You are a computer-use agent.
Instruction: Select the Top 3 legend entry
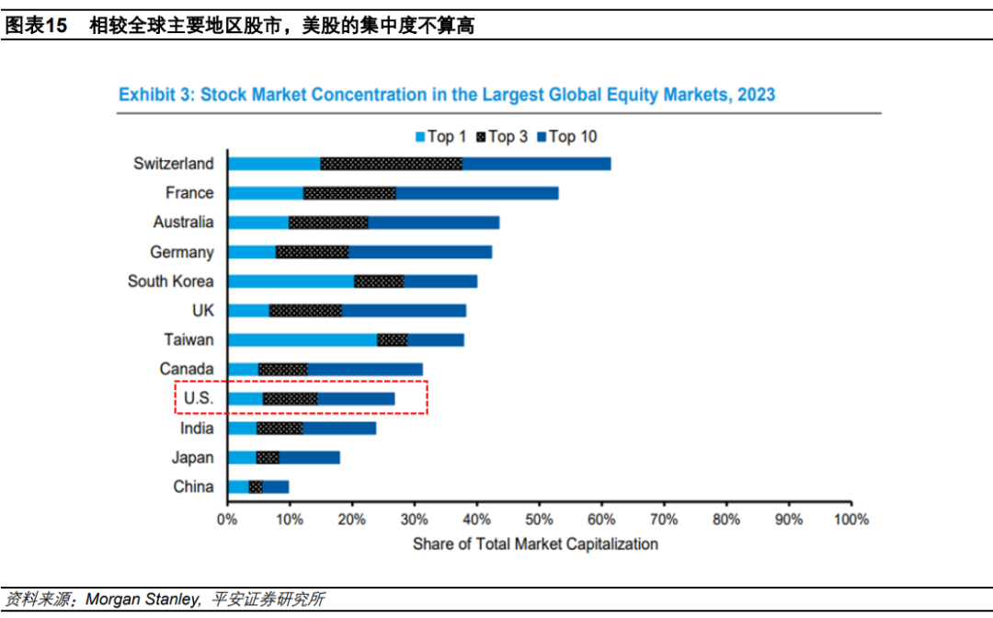502,137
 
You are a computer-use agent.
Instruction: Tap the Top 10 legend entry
565,137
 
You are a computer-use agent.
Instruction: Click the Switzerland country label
173,164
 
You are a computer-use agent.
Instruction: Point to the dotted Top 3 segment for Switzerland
391,164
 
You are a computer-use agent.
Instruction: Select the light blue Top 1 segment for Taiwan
302,340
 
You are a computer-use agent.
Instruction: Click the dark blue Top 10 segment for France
476,193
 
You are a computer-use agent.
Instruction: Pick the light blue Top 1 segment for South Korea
291,281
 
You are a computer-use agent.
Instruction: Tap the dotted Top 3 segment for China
256,487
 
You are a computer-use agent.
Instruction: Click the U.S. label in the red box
198,399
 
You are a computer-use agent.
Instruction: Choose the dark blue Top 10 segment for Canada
364,370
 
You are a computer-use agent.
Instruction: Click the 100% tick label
850,520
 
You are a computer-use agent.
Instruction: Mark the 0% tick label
227,520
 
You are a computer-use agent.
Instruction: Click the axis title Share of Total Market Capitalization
535,544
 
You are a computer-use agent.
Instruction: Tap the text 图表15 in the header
37,27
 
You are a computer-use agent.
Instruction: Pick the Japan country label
192,458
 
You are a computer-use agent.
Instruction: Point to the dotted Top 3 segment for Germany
312,252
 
